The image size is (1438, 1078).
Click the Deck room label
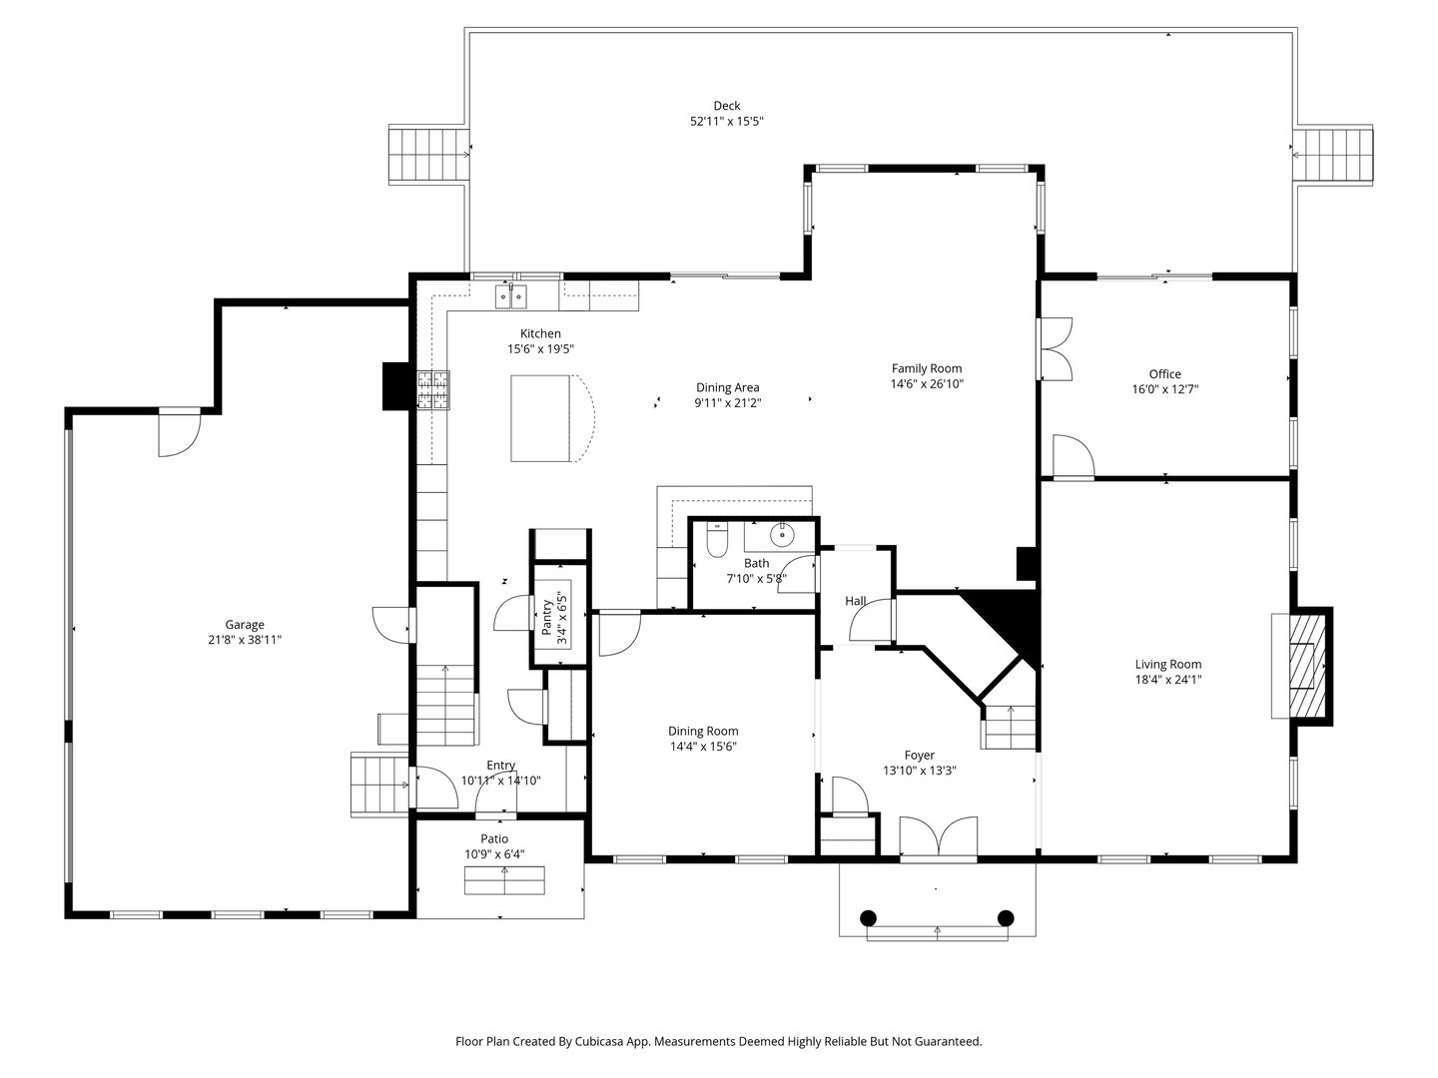[726, 106]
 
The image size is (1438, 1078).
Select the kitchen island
[544, 418]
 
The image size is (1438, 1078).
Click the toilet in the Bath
[716, 540]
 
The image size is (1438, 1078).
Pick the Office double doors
[1055, 349]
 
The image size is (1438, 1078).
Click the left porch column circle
[868, 917]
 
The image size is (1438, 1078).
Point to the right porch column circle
[1006, 917]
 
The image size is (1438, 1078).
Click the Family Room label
[926, 368]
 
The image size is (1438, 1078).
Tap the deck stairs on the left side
[426, 155]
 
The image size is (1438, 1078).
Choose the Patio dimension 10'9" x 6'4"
[494, 854]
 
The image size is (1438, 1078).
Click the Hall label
[856, 601]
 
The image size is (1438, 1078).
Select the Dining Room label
[703, 731]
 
